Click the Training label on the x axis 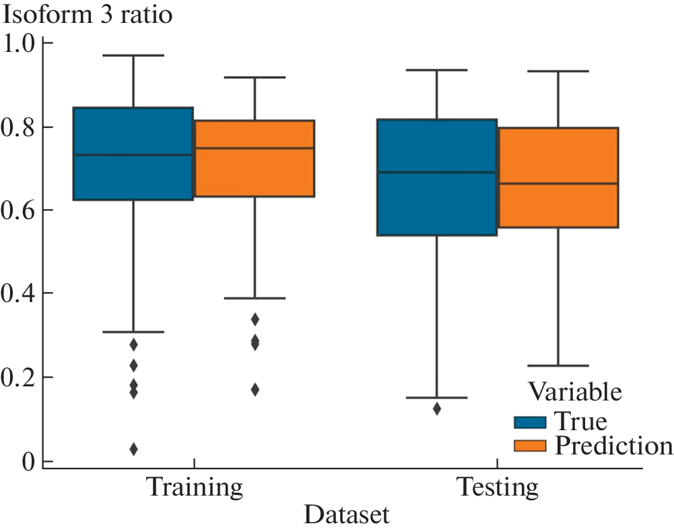[194, 487]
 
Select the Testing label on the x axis [497, 487]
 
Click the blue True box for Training [133, 154]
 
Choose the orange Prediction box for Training [255, 158]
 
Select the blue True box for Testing [437, 177]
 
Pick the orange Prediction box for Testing [558, 177]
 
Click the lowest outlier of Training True [133, 449]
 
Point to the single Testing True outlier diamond [437, 409]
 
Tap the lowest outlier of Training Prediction [255, 390]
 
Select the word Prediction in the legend [612, 446]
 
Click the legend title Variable [574, 392]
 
